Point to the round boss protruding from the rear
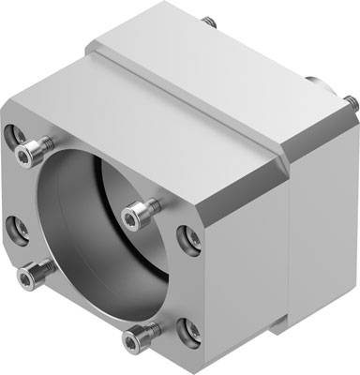tap(322, 86)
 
